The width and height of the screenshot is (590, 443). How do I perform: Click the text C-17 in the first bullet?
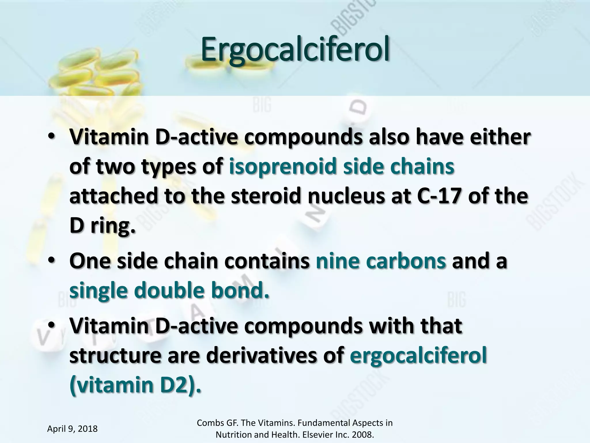439,196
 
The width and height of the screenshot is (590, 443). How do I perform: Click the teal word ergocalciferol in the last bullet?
418,356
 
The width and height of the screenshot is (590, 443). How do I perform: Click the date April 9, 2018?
72,429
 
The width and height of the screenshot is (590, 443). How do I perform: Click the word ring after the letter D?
113,226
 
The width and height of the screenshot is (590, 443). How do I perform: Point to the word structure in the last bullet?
115,356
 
